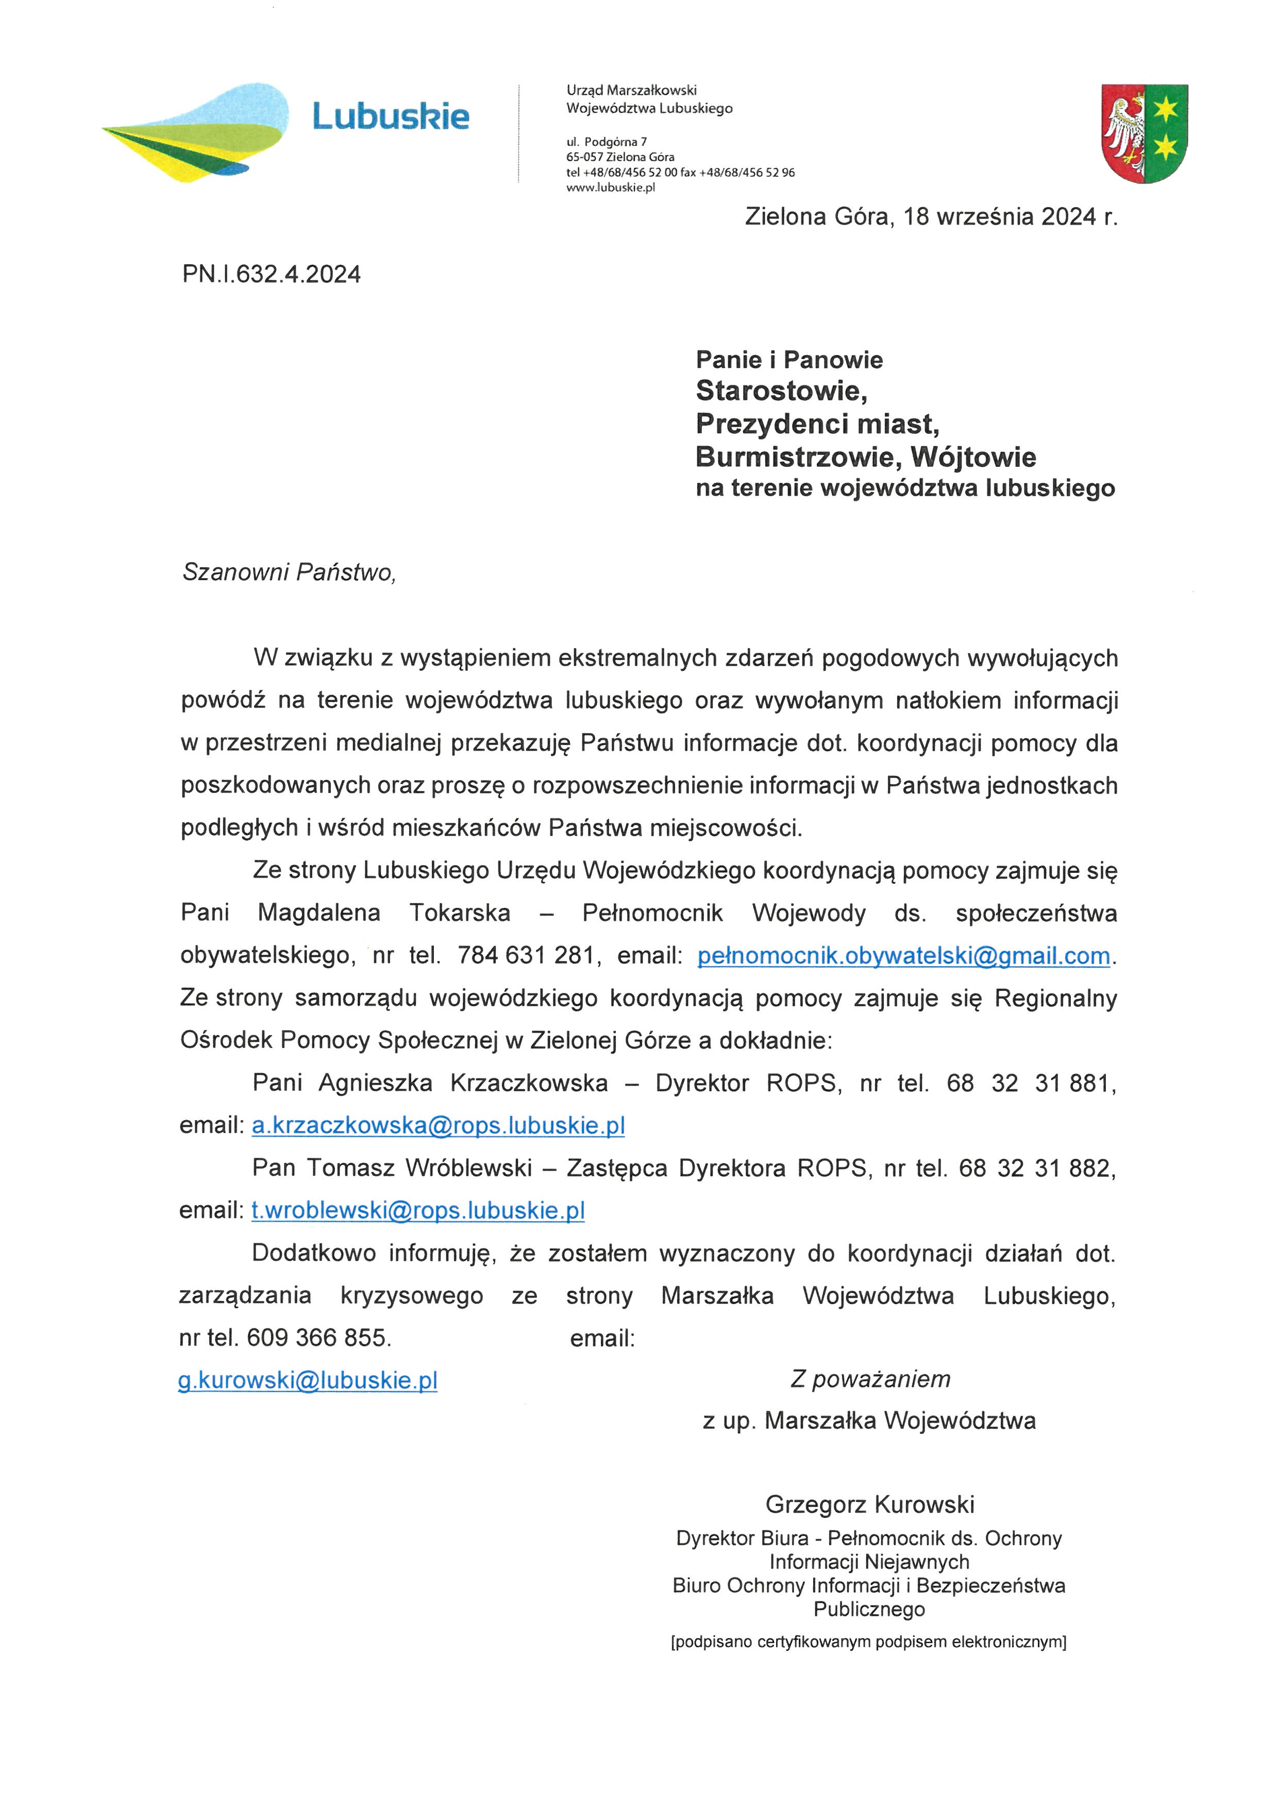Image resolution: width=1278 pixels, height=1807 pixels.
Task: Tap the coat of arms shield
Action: [x=1144, y=134]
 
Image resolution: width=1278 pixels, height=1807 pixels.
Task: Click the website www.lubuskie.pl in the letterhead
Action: [x=611, y=188]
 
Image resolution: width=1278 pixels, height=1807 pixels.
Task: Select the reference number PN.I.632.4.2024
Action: [x=272, y=275]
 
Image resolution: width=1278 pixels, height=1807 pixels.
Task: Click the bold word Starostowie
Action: [x=781, y=391]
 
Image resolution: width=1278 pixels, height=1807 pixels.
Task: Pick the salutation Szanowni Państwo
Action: [x=289, y=572]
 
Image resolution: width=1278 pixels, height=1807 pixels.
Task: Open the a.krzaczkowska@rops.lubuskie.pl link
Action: [x=439, y=1125]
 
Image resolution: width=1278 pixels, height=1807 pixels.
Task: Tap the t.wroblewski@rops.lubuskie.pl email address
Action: [x=418, y=1210]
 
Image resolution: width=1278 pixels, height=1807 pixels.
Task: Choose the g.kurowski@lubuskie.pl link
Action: [x=308, y=1380]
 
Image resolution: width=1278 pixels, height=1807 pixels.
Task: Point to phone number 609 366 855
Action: [x=318, y=1338]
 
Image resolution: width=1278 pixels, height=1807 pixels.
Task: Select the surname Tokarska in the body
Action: [x=460, y=913]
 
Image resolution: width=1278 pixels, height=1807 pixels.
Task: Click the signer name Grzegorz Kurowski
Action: [x=869, y=1505]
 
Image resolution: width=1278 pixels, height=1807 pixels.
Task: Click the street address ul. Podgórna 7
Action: [x=607, y=142]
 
